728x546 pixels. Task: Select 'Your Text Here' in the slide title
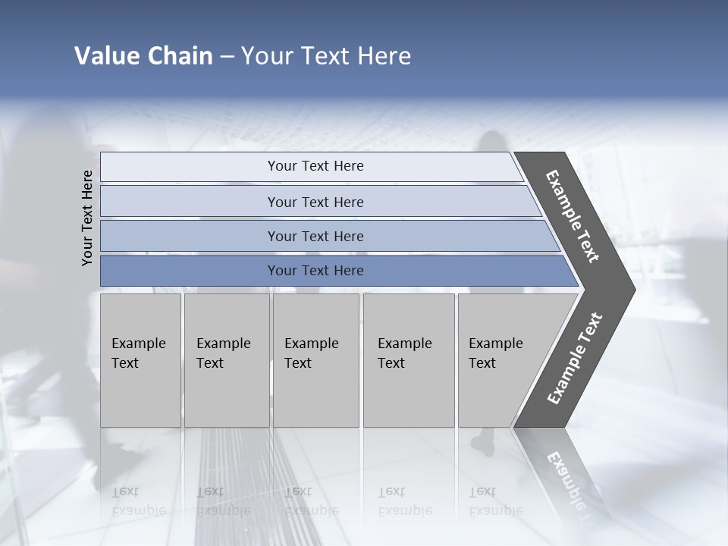point(326,56)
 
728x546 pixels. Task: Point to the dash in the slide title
point(227,57)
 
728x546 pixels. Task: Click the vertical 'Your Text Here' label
point(87,218)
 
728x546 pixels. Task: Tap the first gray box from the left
point(140,360)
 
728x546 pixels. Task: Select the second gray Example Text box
point(226,360)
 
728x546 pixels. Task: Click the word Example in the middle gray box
point(311,344)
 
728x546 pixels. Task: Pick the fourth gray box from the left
point(408,360)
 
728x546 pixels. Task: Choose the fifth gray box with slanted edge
point(500,360)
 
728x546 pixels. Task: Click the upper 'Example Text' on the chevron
point(573,216)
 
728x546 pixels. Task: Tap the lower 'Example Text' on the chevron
point(574,359)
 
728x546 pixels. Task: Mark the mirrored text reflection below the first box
point(138,501)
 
